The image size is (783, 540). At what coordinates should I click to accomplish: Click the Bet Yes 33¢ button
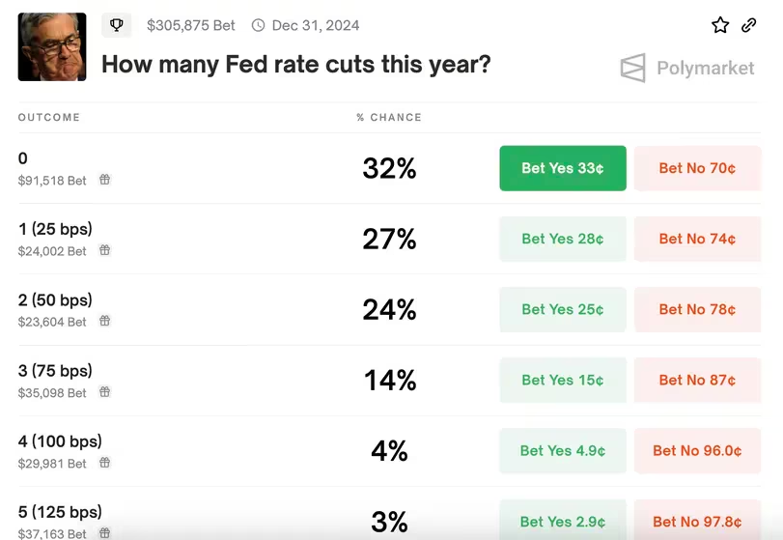pos(563,168)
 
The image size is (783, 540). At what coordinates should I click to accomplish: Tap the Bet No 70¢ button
pos(697,168)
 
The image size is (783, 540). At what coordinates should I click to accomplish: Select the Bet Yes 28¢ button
pos(563,239)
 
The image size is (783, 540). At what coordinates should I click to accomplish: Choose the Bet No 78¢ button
pos(697,309)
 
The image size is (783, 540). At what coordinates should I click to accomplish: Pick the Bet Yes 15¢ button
pos(563,380)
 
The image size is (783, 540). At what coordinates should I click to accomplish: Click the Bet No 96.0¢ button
pos(697,450)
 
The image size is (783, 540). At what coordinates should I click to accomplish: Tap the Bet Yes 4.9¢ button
pos(563,450)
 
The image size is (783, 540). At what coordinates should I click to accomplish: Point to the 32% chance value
pos(389,168)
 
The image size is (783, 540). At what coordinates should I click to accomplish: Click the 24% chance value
pos(389,309)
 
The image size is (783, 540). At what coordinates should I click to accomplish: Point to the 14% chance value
pos(389,380)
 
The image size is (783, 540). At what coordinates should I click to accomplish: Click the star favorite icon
pos(720,25)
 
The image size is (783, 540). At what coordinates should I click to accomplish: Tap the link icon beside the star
pos(749,25)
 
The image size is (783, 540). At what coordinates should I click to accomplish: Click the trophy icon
pos(117,25)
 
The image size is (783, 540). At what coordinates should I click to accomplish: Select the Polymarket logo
pos(687,69)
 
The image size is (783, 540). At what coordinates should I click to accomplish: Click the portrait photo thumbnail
pos(52,46)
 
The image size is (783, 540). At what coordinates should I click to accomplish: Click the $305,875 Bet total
pos(191,26)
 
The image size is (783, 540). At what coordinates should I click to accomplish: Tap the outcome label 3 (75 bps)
pos(55,371)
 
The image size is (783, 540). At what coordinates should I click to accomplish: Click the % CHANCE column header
pos(389,117)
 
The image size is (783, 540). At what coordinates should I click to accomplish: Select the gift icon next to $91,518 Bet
pos(105,180)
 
